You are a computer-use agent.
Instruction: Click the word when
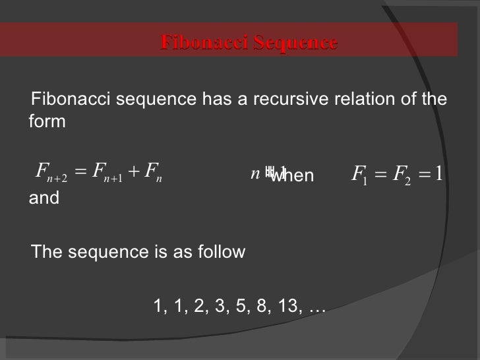(x=294, y=177)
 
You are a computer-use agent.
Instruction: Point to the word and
(x=44, y=198)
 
